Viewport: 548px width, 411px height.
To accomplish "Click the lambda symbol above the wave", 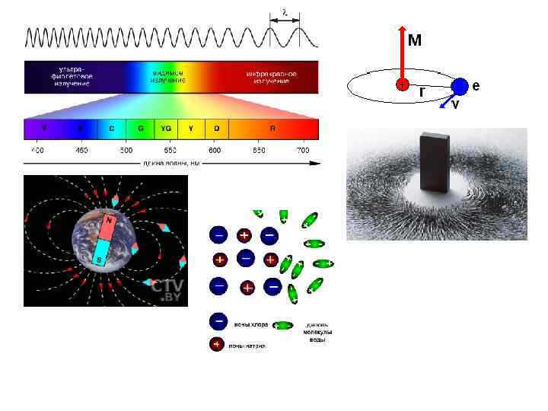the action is tap(284, 12).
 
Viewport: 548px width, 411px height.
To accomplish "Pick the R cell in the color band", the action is tap(271, 128).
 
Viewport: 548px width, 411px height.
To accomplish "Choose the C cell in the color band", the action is tap(112, 128).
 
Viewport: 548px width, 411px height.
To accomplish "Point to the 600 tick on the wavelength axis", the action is tap(215, 150).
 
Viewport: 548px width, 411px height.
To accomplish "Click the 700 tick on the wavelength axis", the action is tap(303, 150).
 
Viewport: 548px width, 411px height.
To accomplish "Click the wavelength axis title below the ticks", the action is tap(170, 163).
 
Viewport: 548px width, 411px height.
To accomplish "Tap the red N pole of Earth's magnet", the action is tap(110, 224).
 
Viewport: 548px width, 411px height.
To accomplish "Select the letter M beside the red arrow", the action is tap(415, 40).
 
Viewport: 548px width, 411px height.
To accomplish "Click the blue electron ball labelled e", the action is tap(459, 86).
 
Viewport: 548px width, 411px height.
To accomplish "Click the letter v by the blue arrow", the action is tap(455, 105).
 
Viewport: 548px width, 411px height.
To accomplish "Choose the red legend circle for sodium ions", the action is tap(217, 345).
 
